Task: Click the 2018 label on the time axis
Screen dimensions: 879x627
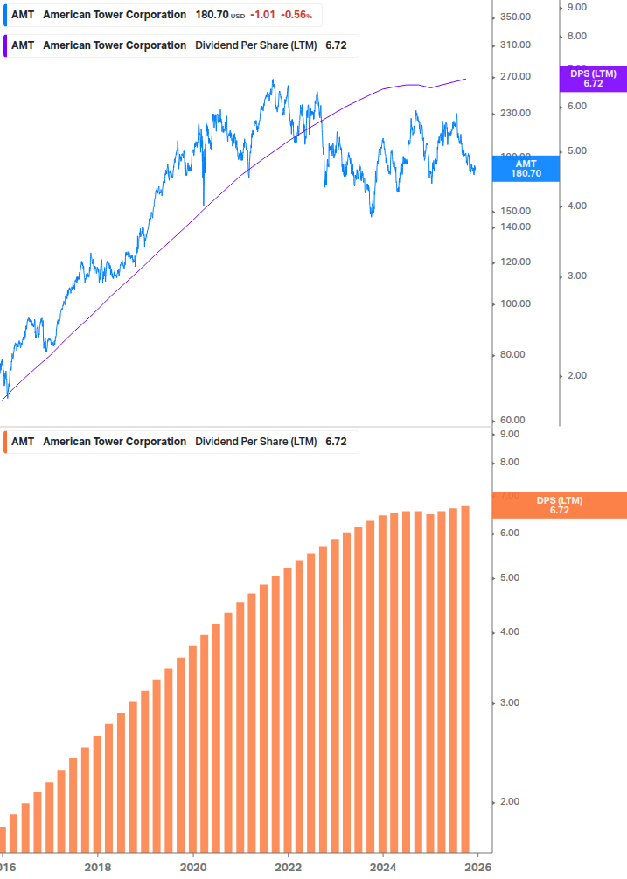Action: [x=98, y=867]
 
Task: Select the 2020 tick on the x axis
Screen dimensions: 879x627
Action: [x=193, y=867]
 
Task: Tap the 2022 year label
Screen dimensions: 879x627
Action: [x=288, y=867]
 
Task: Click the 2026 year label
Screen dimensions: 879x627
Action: [x=477, y=867]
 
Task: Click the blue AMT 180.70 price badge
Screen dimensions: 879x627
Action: [x=526, y=168]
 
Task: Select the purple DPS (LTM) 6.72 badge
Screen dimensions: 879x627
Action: [x=593, y=79]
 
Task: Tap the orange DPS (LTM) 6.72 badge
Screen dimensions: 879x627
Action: [x=560, y=505]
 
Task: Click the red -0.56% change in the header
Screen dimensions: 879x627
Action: [x=296, y=15]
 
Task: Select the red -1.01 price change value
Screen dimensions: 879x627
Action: [x=262, y=15]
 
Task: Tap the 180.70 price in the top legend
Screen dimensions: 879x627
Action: [x=212, y=15]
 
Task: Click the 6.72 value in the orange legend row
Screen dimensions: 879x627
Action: [x=336, y=442]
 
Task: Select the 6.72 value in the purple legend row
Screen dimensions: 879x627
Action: [x=336, y=45]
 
